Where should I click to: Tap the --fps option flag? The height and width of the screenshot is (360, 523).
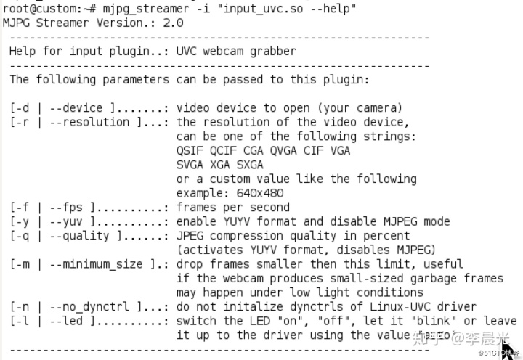click(69, 207)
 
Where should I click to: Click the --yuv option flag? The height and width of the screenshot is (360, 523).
click(69, 221)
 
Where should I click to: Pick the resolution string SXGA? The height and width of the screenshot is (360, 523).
click(250, 164)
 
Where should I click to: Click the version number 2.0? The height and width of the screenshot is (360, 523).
click(173, 22)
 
